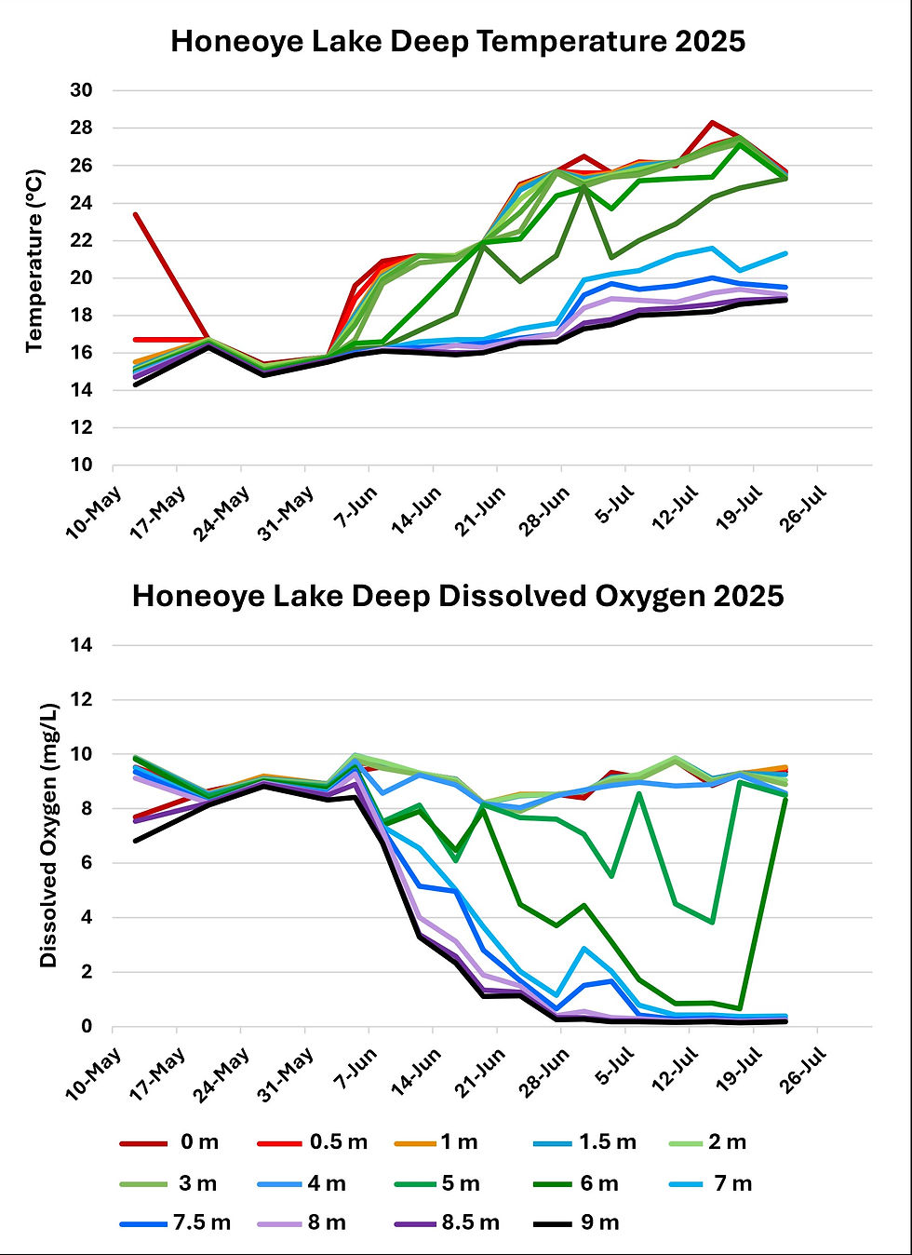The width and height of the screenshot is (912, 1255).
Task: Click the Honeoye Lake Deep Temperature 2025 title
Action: (458, 42)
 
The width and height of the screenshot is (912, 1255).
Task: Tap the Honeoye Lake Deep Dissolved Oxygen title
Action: (458, 596)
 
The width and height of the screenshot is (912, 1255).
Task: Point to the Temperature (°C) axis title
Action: (34, 261)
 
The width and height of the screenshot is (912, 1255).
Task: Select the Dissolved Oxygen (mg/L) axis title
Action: (48, 835)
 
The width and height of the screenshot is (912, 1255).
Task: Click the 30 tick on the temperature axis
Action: (81, 90)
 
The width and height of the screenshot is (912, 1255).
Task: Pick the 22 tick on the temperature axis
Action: (81, 240)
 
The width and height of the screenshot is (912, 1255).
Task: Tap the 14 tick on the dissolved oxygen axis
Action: (81, 645)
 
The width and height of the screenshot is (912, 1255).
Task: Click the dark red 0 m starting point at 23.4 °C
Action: (136, 214)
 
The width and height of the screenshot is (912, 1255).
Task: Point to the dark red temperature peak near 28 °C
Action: (712, 122)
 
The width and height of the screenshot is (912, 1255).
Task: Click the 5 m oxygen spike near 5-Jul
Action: (639, 793)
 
